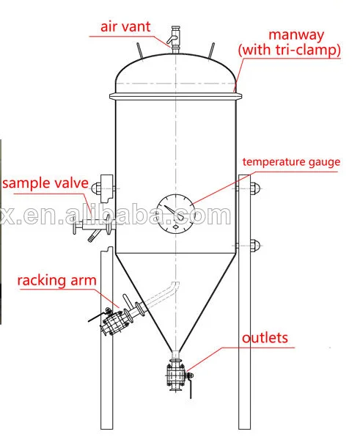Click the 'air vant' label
point(125,27)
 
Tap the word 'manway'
point(296,35)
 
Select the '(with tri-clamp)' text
point(290,50)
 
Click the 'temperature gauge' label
point(291,162)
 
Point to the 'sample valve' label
point(45,183)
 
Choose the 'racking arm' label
point(57,280)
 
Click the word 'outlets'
point(265,338)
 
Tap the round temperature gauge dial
point(175,213)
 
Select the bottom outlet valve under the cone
point(176,375)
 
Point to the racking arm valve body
point(114,323)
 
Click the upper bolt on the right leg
point(254,188)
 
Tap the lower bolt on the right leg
point(254,246)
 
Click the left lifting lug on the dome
point(139,51)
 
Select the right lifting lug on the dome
point(211,51)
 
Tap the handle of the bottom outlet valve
point(190,385)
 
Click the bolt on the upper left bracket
point(96,188)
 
